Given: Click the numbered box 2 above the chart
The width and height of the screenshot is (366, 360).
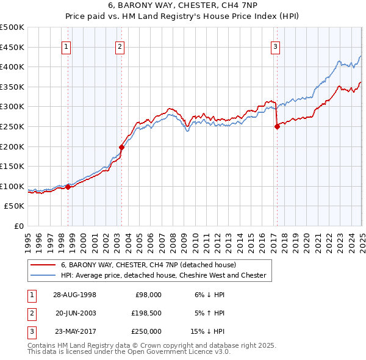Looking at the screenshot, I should tap(120, 46).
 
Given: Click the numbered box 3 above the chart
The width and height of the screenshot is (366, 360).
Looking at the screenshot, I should tap(275, 46).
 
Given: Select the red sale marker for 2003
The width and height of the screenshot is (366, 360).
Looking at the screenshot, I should tap(121, 146).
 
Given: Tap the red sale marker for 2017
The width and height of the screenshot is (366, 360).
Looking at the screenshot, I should tap(277, 126).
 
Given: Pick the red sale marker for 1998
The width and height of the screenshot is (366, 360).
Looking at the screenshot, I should tap(68, 187).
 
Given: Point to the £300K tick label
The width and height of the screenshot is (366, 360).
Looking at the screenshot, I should tap(12, 107).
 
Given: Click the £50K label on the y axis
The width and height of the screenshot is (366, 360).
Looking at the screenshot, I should tap(15, 206).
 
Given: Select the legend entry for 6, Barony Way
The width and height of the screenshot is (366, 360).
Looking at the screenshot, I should tap(152, 265).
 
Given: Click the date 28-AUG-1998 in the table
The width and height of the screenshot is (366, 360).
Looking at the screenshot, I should tap(74, 294).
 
